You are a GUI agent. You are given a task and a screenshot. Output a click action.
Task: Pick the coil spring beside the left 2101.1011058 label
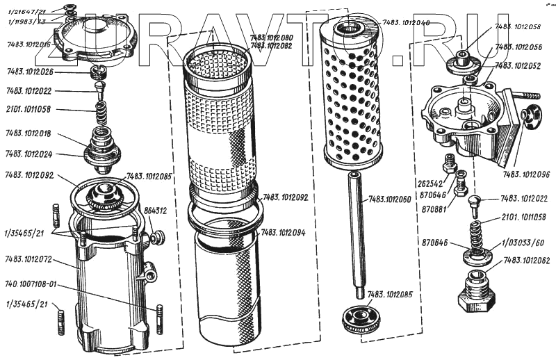102,110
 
